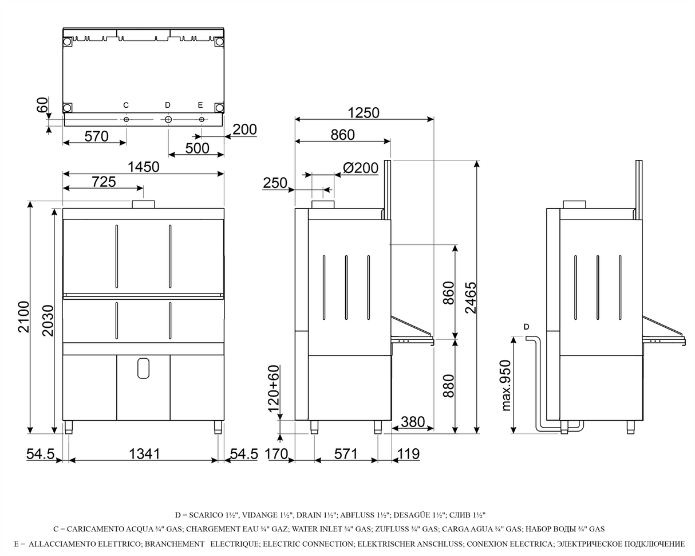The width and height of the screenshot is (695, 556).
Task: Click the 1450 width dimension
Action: point(143,167)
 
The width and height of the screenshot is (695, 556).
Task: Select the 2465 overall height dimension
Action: point(471,297)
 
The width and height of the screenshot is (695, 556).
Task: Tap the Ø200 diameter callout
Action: point(361,168)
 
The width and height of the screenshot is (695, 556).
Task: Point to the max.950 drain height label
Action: point(507,385)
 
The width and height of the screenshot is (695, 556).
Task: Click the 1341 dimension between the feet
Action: point(144,454)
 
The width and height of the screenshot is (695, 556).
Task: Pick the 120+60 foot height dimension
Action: point(274,389)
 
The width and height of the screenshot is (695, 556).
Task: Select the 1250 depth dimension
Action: point(364,113)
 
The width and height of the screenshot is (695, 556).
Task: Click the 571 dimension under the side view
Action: point(346,454)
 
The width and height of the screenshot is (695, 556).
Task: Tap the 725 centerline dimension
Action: point(104,182)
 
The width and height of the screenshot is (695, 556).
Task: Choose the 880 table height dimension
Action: point(449,386)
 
